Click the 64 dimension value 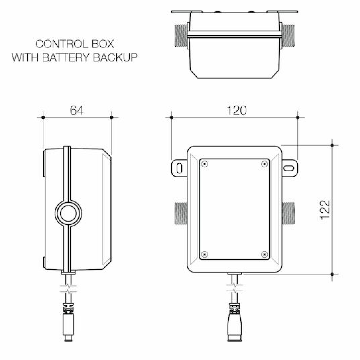coord(77,110)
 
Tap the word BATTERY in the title coord(66,57)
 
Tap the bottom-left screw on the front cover coord(205,254)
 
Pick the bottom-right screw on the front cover coord(264,254)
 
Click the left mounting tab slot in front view coord(179,167)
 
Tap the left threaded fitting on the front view coord(181,213)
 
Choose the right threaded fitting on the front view coord(289,213)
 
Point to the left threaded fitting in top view coord(180,35)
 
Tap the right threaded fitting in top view coord(289,35)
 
